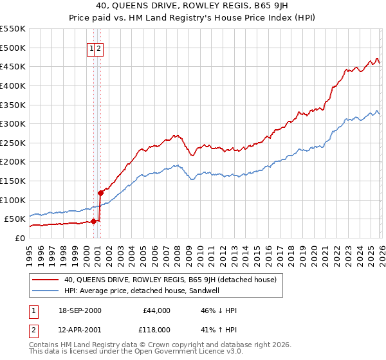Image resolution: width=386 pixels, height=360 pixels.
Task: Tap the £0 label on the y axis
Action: click(19, 238)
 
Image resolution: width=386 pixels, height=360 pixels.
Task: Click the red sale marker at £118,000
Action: click(100, 193)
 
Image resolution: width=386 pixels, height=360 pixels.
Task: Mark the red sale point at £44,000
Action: click(94, 221)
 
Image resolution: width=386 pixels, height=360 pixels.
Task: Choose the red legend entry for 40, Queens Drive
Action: click(170, 280)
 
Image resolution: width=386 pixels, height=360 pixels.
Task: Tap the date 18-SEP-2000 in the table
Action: click(80, 310)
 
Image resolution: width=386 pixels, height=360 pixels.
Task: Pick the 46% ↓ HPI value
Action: click(218, 310)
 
